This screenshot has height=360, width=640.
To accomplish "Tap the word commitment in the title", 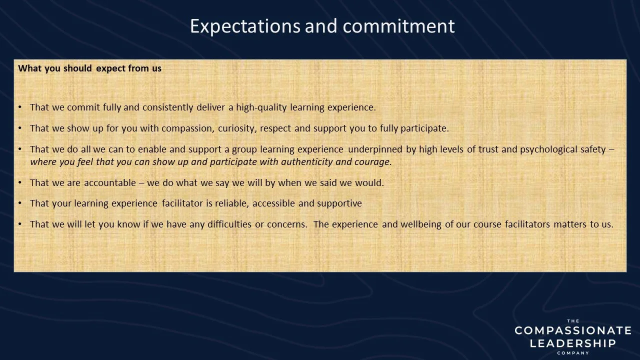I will coord(399,26).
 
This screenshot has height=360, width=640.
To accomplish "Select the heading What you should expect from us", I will coord(90,68).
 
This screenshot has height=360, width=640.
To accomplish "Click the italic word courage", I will coord(373,162).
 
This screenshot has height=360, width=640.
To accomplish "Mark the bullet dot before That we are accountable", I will coord(20,183).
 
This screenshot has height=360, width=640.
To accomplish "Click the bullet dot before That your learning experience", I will coord(20,203).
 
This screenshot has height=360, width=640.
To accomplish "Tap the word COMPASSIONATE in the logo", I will coord(573,330).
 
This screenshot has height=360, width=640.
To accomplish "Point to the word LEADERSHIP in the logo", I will coord(573,343).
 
